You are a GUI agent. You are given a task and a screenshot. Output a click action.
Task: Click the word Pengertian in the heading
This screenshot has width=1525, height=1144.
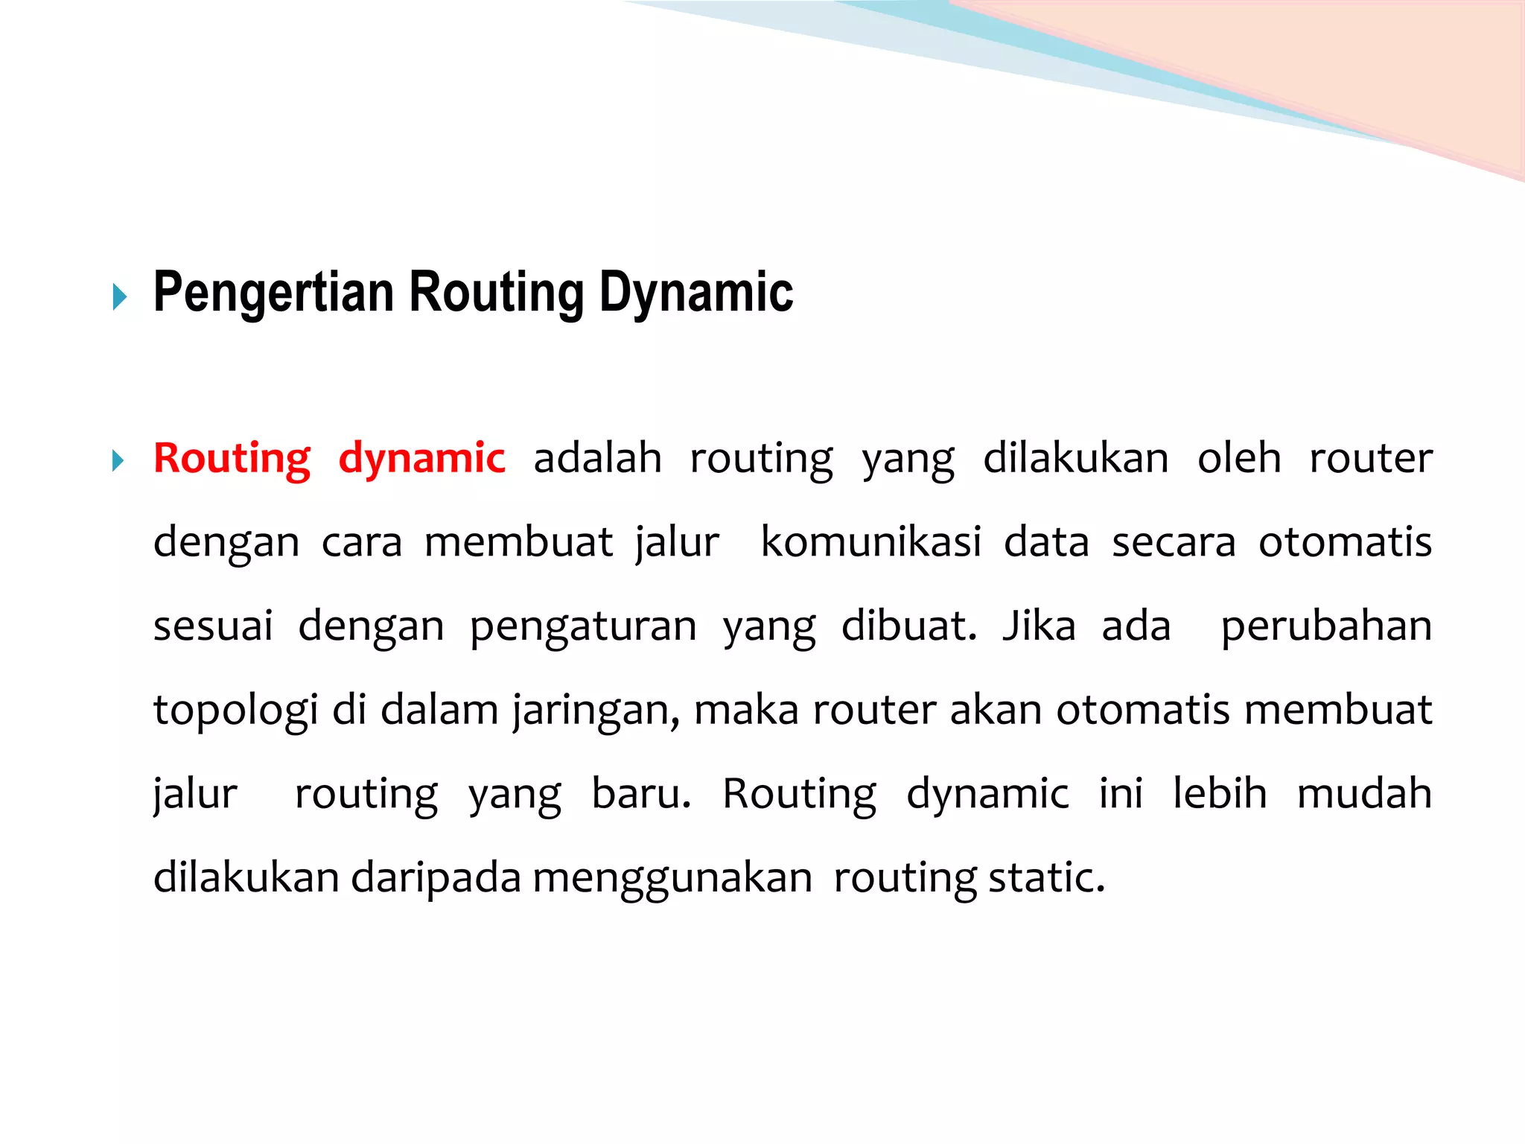click(x=273, y=293)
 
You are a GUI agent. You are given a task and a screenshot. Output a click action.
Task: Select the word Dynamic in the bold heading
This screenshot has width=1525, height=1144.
click(x=696, y=293)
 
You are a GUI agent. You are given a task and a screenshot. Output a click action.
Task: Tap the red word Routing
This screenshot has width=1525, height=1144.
click(x=232, y=458)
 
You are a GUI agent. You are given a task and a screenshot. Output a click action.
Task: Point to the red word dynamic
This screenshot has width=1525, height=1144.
click(x=421, y=458)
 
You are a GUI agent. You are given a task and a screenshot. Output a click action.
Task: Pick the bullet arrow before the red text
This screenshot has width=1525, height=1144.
click(x=118, y=460)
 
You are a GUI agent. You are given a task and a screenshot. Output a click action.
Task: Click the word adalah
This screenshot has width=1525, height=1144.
click(x=597, y=458)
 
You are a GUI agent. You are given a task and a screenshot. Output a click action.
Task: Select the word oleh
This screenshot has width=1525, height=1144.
click(x=1239, y=458)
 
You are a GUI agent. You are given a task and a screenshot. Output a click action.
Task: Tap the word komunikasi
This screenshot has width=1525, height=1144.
click(x=870, y=542)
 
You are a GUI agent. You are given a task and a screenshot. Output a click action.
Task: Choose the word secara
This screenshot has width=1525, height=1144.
click(x=1174, y=542)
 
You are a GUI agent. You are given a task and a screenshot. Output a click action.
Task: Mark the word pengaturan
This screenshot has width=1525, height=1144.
click(x=583, y=626)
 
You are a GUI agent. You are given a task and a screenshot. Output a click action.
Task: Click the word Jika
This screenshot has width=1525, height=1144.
click(x=1039, y=626)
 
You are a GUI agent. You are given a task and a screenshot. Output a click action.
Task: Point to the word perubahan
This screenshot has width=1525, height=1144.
click(x=1326, y=626)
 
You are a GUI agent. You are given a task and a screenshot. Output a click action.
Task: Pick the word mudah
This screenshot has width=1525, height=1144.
click(x=1364, y=794)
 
